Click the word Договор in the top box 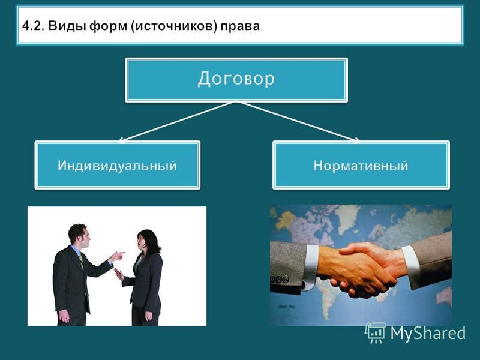pyautogui.click(x=236, y=79)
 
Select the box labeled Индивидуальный pyautogui.click(x=117, y=165)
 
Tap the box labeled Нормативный pyautogui.click(x=361, y=165)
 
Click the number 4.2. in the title pyautogui.click(x=34, y=26)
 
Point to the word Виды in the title pyautogui.click(x=67, y=26)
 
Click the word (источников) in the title pyautogui.click(x=174, y=26)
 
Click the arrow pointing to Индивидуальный pyautogui.click(x=176, y=122)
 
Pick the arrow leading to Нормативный pyautogui.click(x=299, y=122)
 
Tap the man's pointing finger pyautogui.click(x=121, y=253)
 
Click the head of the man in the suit pyautogui.click(x=79, y=235)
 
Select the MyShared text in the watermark pyautogui.click(x=428, y=333)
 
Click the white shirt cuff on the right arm pyautogui.click(x=411, y=267)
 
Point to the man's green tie pyautogui.click(x=81, y=260)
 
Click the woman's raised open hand pyautogui.click(x=119, y=274)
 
